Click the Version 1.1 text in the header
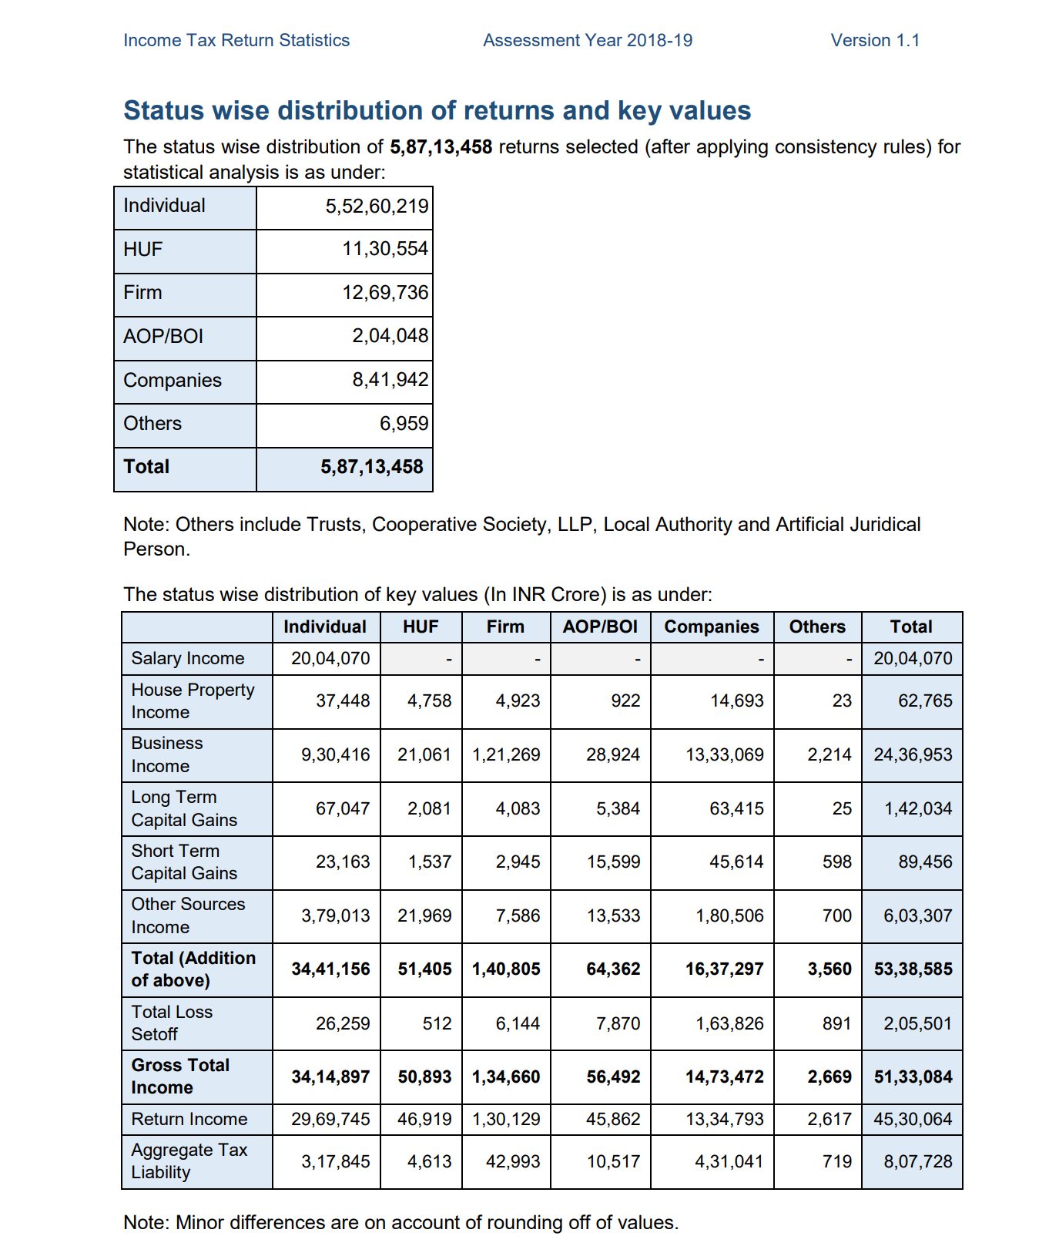click(x=875, y=40)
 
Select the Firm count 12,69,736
click(x=385, y=293)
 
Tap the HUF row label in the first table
click(x=143, y=250)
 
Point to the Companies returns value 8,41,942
click(x=390, y=380)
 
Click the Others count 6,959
click(x=404, y=424)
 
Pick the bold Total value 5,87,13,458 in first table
click(x=372, y=467)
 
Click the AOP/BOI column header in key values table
click(x=600, y=627)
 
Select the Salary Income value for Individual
click(x=330, y=659)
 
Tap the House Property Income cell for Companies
click(x=736, y=701)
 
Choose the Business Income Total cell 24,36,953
click(x=913, y=755)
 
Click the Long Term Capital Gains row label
click(x=184, y=808)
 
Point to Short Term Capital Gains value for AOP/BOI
click(x=613, y=862)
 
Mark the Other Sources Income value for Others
click(x=836, y=916)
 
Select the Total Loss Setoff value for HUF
click(x=437, y=1024)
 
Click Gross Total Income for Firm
click(x=506, y=1077)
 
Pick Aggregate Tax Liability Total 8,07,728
click(x=917, y=1162)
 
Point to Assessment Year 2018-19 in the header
click(x=588, y=40)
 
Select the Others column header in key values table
click(x=817, y=627)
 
